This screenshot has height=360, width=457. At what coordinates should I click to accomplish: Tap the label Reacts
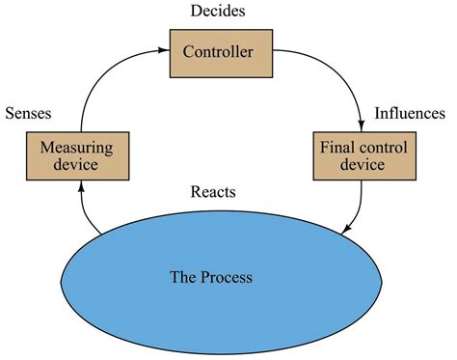click(213, 191)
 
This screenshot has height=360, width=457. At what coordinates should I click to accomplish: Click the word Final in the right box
click(336, 148)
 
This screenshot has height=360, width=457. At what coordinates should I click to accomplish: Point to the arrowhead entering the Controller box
click(165, 48)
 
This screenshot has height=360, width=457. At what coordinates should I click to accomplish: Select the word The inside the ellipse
click(183, 278)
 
